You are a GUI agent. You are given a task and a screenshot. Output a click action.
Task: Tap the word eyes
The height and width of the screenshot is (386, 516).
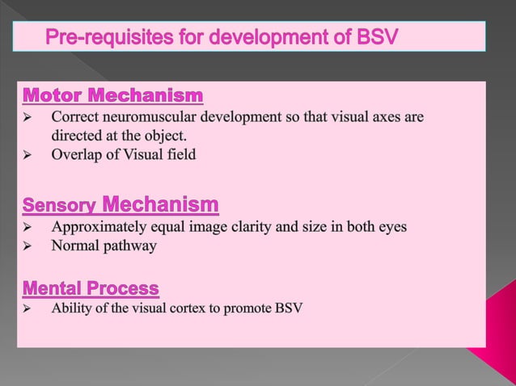click(x=391, y=225)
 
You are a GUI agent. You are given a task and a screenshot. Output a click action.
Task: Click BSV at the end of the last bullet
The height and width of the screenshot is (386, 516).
click(x=289, y=308)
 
